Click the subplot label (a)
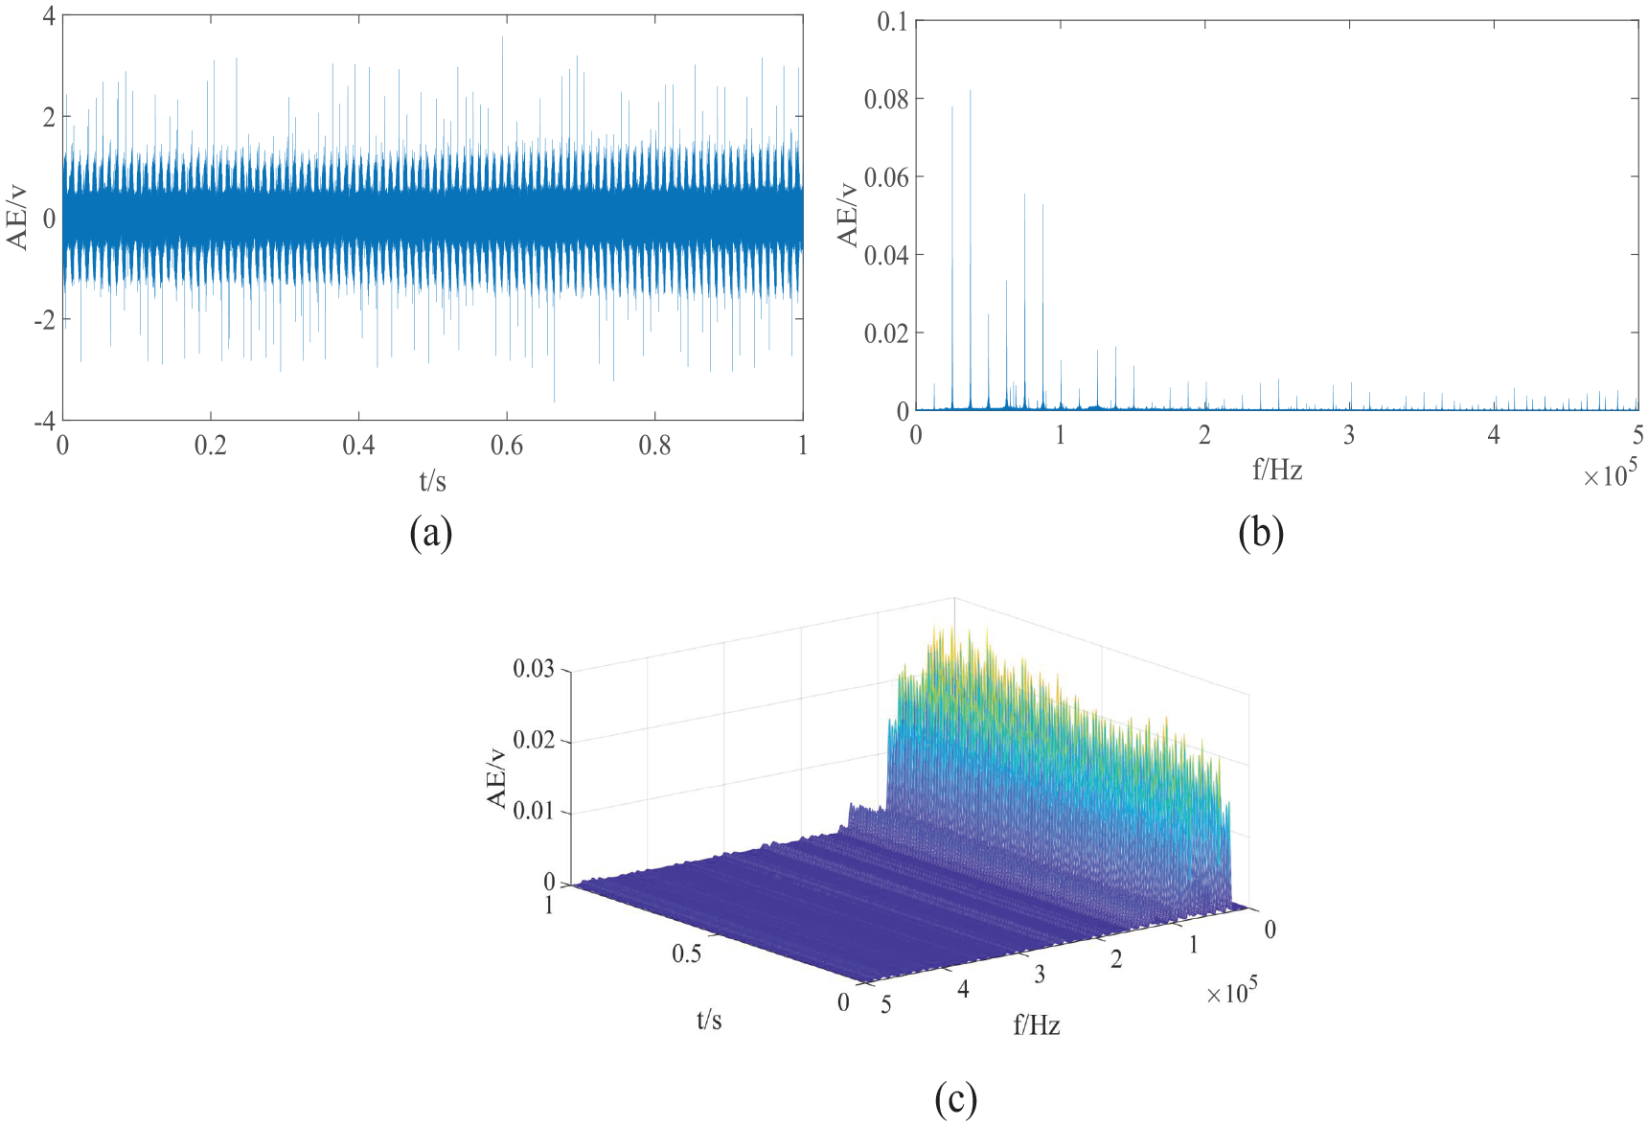tap(430, 533)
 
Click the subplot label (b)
tap(1260, 533)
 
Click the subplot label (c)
tap(955, 1098)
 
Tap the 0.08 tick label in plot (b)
tap(886, 99)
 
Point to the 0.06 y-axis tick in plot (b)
tap(886, 176)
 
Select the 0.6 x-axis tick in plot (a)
tap(507, 446)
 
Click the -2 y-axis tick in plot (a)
tap(45, 320)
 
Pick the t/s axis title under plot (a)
tap(432, 481)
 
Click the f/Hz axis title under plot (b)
tap(1277, 470)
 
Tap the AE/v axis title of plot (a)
tap(18, 218)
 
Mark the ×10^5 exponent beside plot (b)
tap(1610, 473)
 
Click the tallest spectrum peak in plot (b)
tap(970, 92)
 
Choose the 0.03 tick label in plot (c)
tap(534, 669)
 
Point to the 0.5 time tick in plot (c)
tap(686, 954)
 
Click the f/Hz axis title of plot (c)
tap(1037, 1026)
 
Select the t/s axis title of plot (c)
tap(709, 1021)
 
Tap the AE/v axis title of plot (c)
tap(497, 777)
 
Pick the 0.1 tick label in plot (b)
tap(892, 21)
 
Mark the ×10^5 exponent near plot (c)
tap(1231, 992)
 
